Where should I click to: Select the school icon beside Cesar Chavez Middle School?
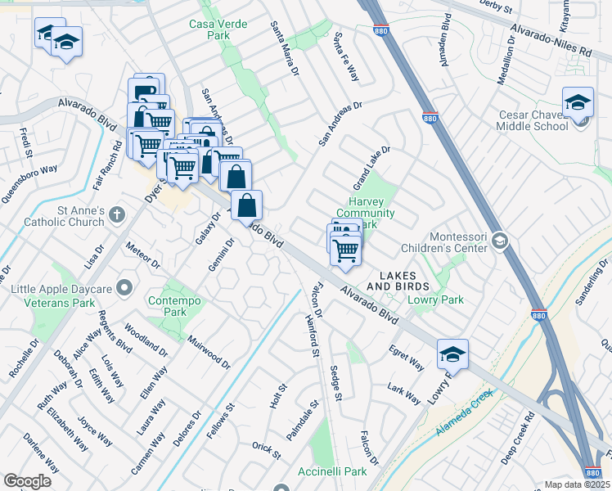coord(578,103)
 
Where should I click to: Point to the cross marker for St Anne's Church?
coord(116,215)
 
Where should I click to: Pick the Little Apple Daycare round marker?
coord(124,287)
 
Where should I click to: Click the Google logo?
coord(27,481)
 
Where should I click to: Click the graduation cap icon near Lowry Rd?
coord(452,354)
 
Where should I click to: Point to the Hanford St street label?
coord(312,334)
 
